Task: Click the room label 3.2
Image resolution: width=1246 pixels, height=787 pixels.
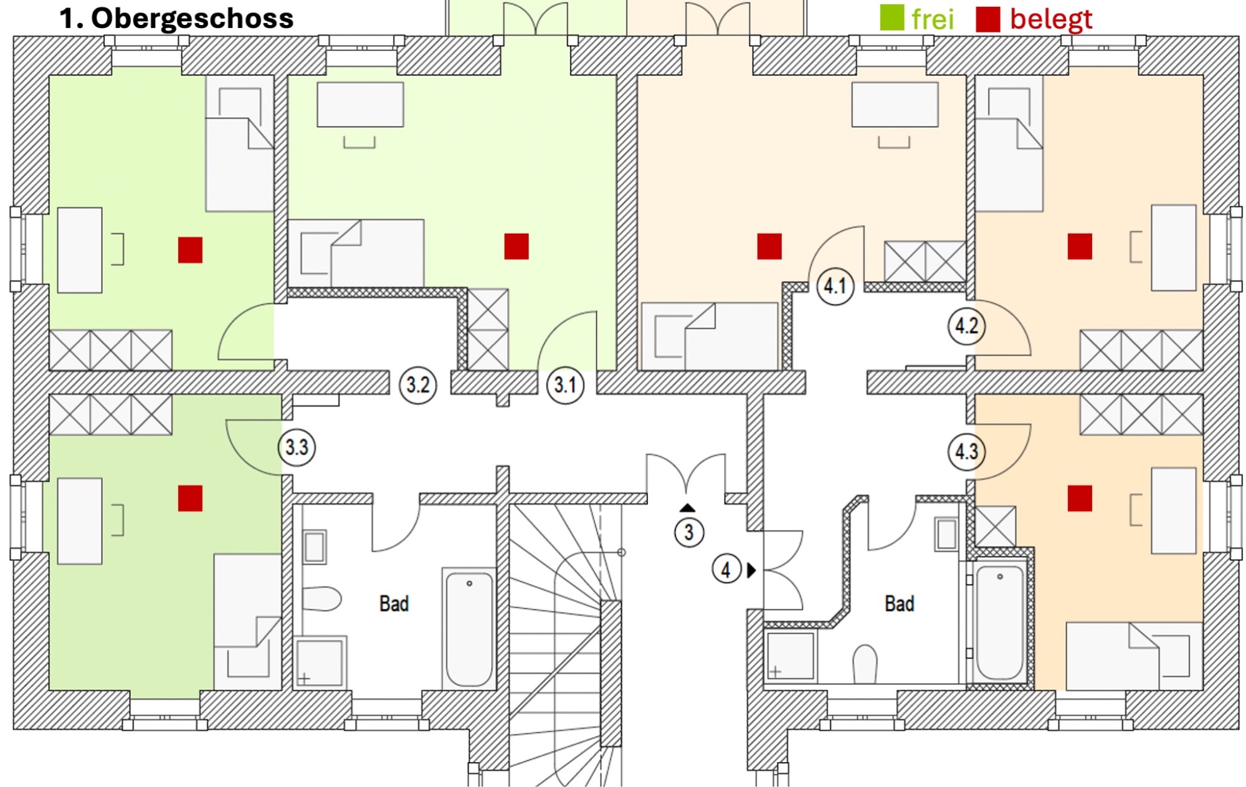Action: [417, 385]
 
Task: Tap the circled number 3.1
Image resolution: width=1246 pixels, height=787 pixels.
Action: [565, 385]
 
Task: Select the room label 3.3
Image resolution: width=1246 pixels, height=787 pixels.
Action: [297, 447]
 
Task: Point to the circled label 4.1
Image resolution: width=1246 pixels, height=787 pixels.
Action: [835, 287]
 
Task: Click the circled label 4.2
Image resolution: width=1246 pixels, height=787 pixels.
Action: [966, 326]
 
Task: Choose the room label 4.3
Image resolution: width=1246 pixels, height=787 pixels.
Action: [966, 451]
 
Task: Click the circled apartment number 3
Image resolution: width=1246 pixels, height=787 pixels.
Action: [688, 533]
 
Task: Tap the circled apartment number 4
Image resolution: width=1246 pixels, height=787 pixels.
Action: [726, 570]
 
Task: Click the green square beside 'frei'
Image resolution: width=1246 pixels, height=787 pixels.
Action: [892, 18]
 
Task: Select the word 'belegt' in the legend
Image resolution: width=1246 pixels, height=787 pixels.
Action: [1051, 19]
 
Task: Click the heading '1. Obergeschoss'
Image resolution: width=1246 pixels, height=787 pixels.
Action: [176, 19]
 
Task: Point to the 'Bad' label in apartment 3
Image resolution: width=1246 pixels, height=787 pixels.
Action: [394, 603]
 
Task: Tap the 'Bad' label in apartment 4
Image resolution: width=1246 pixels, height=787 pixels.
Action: [899, 603]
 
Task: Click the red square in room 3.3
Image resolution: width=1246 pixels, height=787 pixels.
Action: [190, 498]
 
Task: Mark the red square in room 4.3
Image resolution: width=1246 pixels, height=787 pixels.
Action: [1080, 498]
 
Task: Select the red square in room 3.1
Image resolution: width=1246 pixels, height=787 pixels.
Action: [516, 246]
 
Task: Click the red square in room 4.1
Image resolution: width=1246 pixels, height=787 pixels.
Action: [769, 246]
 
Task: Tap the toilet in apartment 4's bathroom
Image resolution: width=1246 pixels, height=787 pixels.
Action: [865, 664]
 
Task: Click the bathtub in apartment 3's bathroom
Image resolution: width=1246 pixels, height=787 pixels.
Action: [469, 628]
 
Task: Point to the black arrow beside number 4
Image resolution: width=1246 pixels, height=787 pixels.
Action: [751, 570]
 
